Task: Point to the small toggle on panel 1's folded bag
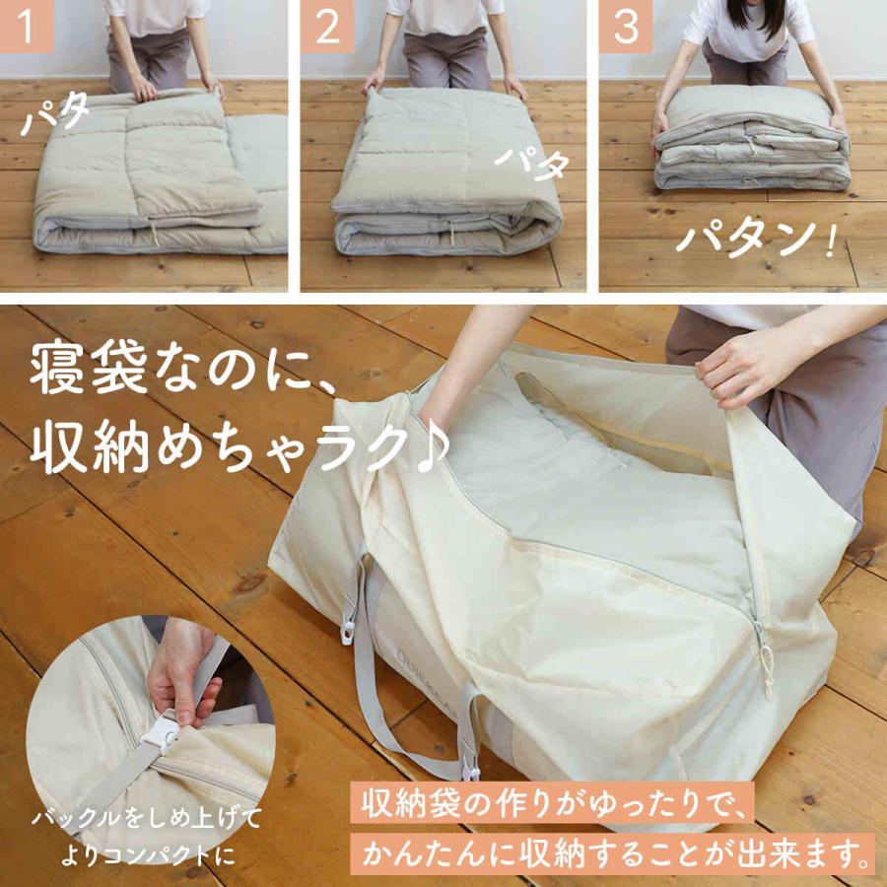click(x=154, y=235)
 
